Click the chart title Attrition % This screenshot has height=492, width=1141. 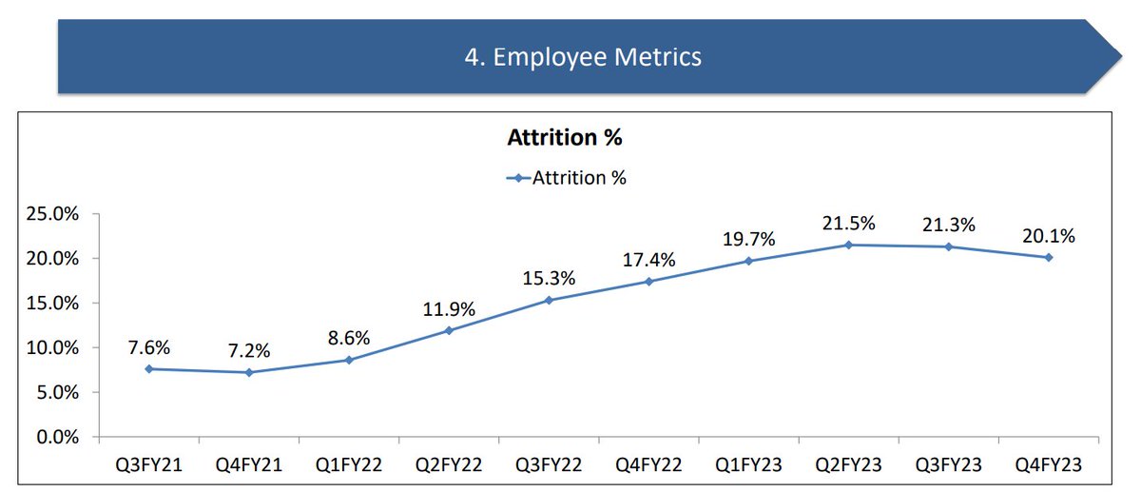click(564, 138)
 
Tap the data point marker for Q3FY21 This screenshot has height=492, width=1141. click(148, 369)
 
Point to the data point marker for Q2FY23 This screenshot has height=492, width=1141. click(848, 245)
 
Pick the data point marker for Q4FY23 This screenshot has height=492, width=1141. click(1049, 257)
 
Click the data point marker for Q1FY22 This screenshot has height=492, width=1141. click(349, 360)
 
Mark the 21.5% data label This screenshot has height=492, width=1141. click(848, 223)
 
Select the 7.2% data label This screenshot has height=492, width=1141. click(249, 350)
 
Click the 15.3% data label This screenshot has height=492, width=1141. click(549, 278)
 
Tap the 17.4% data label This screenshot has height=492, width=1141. click(648, 259)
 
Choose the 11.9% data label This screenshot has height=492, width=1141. click(449, 308)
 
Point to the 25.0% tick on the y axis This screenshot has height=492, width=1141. click(54, 213)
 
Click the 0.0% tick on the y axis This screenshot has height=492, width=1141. click(59, 437)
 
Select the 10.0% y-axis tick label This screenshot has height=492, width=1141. click(54, 347)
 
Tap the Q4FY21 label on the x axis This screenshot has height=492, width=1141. click(249, 465)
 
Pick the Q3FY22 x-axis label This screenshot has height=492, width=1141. click(549, 465)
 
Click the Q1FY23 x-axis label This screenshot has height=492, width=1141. click(748, 465)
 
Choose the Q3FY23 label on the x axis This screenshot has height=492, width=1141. click(949, 465)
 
